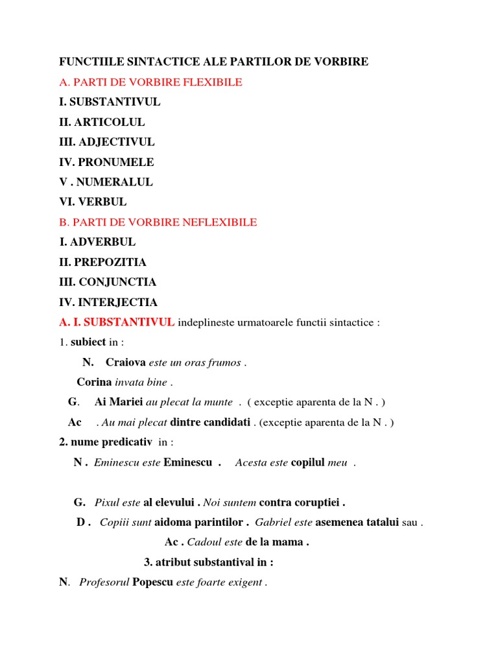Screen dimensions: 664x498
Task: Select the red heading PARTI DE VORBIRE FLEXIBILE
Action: [156, 82]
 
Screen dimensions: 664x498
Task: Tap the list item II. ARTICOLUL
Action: [102, 123]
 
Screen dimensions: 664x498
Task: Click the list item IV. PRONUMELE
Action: [106, 162]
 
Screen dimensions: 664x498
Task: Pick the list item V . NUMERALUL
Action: [106, 182]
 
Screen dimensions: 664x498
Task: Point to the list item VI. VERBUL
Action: [93, 202]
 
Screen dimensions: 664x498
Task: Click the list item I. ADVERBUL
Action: [97, 243]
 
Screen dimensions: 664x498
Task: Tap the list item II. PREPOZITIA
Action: [102, 263]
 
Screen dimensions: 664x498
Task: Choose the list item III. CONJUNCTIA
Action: [108, 283]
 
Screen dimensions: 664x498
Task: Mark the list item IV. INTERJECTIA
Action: [108, 303]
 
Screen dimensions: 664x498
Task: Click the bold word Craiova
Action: [126, 362]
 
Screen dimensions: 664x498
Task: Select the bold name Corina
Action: [94, 383]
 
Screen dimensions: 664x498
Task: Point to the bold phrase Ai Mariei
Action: [119, 403]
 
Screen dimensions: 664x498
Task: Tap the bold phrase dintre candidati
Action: [210, 423]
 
